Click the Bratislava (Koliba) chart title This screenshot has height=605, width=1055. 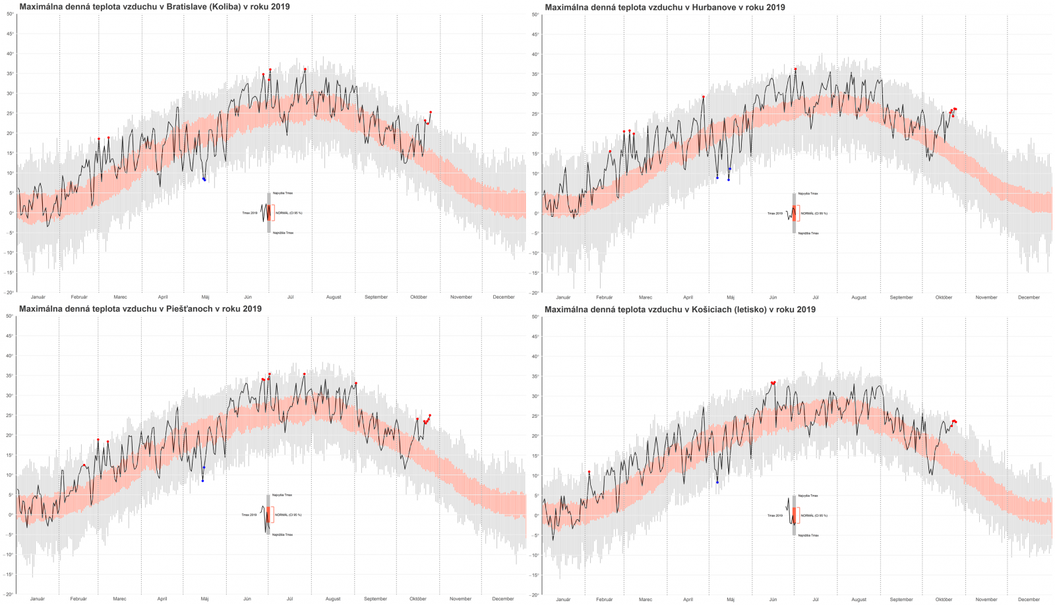[154, 7]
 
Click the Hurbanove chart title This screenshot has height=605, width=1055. [665, 7]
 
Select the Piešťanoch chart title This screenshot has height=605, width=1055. [140, 308]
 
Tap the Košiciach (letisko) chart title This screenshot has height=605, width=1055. [680, 309]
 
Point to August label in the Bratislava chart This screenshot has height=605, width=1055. [334, 297]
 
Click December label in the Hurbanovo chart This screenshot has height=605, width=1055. [1029, 297]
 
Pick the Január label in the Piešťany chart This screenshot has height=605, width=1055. [38, 599]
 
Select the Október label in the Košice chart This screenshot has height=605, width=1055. [944, 600]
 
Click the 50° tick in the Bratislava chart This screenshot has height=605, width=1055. [10, 14]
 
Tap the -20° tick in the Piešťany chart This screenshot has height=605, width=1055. [9, 594]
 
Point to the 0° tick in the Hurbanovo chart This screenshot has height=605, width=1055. [537, 214]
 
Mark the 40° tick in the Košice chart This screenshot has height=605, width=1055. [535, 357]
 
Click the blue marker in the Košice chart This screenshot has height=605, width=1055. [717, 482]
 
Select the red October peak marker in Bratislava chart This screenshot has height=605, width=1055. [431, 112]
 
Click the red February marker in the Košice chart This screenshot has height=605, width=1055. [589, 472]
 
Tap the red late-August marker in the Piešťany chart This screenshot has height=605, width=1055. [355, 383]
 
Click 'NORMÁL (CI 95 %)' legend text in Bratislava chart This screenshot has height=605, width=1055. [289, 213]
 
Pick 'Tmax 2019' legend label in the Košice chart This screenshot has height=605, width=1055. [775, 515]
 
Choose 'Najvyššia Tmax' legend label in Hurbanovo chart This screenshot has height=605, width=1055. [808, 194]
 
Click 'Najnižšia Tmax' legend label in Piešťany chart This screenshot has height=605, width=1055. [282, 534]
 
